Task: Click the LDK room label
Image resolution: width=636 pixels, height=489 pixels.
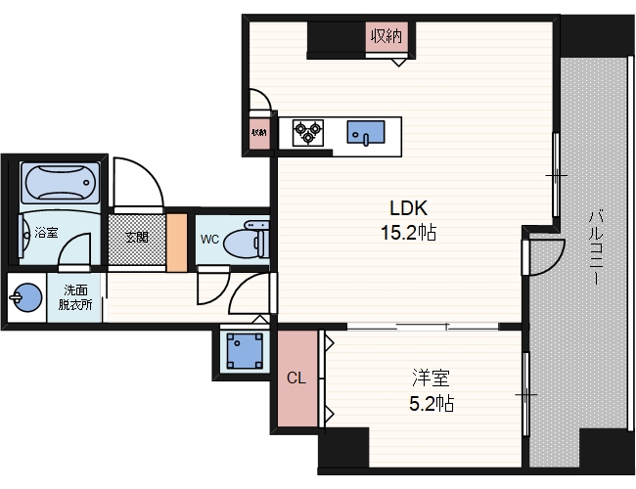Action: click(408, 208)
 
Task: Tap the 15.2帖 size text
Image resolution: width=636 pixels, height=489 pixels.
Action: click(408, 233)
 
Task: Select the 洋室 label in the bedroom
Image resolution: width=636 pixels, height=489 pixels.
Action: click(431, 378)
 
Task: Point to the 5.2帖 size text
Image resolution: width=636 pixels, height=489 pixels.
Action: click(432, 404)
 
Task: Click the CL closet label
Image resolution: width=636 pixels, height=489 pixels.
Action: click(296, 378)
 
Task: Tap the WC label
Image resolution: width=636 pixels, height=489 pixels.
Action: click(209, 240)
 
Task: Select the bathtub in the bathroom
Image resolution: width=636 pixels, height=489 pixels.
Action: click(60, 183)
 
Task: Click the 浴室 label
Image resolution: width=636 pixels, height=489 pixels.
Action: click(46, 233)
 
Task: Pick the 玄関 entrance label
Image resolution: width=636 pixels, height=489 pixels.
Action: click(136, 237)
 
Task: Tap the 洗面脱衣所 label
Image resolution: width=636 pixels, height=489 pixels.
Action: click(75, 297)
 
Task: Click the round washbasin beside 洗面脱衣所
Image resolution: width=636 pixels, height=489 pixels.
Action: click(26, 297)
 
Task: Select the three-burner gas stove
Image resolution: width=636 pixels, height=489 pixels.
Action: click(308, 133)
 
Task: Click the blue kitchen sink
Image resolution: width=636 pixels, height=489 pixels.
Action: click(366, 132)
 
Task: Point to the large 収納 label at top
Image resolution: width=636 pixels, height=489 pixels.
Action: click(386, 36)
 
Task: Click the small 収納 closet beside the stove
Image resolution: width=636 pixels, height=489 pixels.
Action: click(259, 133)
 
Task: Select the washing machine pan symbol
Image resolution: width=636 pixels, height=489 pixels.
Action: click(245, 351)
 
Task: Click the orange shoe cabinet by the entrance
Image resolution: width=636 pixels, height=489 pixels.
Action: click(177, 243)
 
